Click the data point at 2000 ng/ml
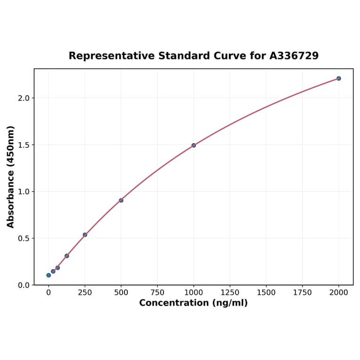pyautogui.click(x=339, y=78)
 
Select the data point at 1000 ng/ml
pyautogui.click(x=194, y=145)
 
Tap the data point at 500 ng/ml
pyautogui.click(x=121, y=200)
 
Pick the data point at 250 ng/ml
pyautogui.click(x=85, y=235)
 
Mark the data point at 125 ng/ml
pyautogui.click(x=67, y=256)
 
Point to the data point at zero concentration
pyautogui.click(x=49, y=275)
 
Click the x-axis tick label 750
pyautogui.click(x=157, y=293)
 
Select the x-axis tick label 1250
pyautogui.click(x=230, y=293)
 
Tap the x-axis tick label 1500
pyautogui.click(x=266, y=293)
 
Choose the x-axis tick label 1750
pyautogui.click(x=303, y=293)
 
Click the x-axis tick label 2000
pyautogui.click(x=339, y=293)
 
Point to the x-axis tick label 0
pyautogui.click(x=49, y=293)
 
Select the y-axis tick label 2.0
pyautogui.click(x=24, y=98)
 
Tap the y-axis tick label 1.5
pyautogui.click(x=24, y=145)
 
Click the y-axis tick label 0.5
pyautogui.click(x=24, y=238)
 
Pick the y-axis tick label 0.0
pyautogui.click(x=24, y=285)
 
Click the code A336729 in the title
pyautogui.click(x=294, y=56)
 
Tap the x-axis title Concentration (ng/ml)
pyautogui.click(x=193, y=303)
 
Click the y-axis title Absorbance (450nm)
pyautogui.click(x=10, y=177)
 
